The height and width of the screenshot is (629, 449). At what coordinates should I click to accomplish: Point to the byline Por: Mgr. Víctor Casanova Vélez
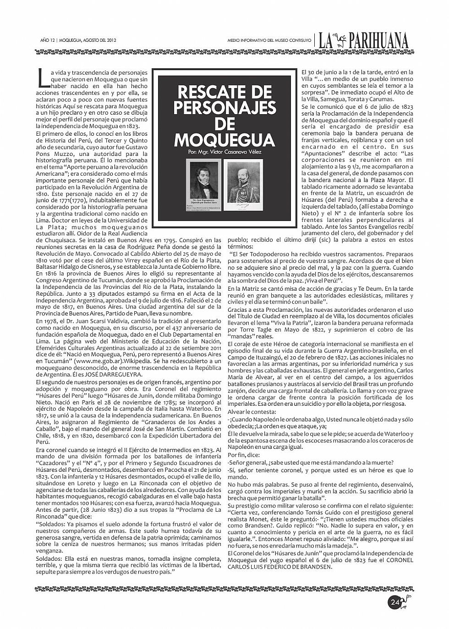(x=224, y=151)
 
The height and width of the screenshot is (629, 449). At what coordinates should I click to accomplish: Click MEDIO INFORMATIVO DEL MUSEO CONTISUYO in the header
(x=269, y=41)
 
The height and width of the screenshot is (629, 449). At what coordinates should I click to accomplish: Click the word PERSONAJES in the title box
(x=224, y=108)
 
